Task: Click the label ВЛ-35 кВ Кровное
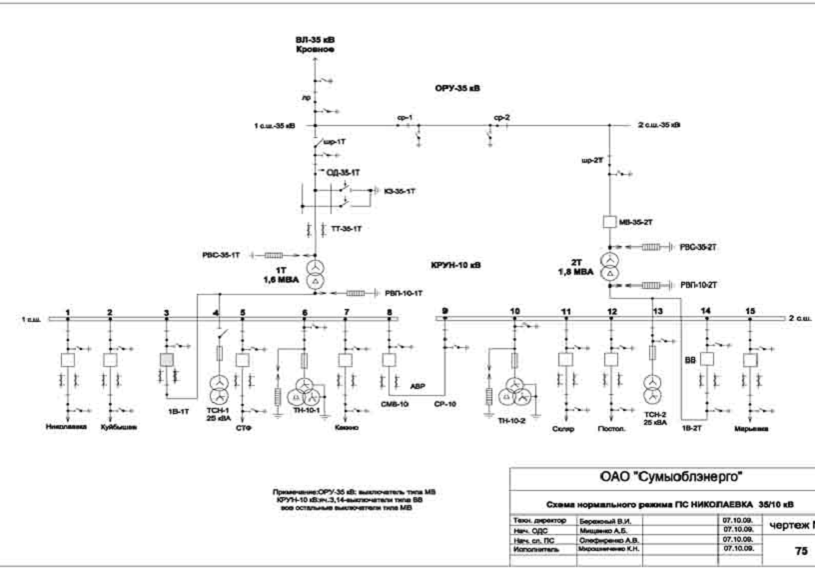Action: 315,43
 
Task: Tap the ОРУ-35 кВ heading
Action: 457,88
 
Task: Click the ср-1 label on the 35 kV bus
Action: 404,119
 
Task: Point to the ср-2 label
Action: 500,119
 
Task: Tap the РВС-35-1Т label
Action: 223,255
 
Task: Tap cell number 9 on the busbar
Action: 444,311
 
